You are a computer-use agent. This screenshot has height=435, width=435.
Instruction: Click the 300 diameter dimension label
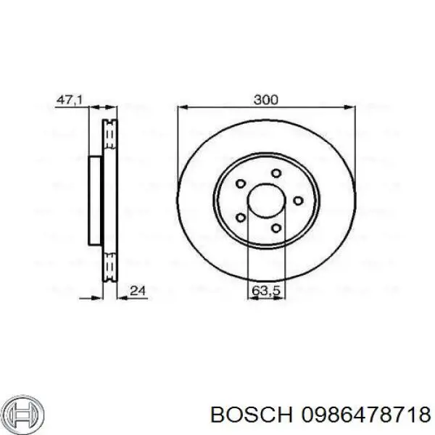coord(265,99)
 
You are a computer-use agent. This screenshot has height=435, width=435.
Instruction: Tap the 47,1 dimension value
coord(70,100)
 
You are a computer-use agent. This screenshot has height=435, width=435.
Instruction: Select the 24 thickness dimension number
coord(138,291)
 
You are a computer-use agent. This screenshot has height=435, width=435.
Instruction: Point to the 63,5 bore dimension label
coord(266,291)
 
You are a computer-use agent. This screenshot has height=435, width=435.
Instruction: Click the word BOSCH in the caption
coord(252,415)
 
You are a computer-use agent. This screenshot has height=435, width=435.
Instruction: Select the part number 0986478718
coord(366,415)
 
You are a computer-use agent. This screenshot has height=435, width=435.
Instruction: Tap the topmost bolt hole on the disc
coord(276,173)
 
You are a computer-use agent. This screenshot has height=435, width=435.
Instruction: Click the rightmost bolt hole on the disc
coord(298,201)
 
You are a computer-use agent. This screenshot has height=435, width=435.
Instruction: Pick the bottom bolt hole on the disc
coord(276,228)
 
